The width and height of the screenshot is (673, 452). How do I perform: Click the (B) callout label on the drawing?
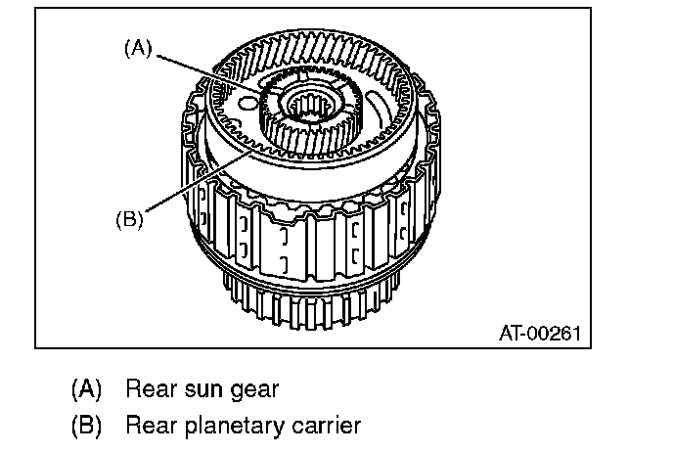coord(129,219)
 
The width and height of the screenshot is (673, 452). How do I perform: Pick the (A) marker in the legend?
coord(86,389)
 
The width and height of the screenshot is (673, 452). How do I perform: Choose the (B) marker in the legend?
coord(86,427)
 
